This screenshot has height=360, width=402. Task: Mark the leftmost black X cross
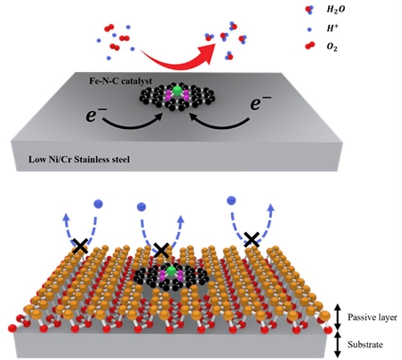pos(80,245)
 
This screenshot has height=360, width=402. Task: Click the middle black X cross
pos(161,250)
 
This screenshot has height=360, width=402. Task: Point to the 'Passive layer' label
pos(367,316)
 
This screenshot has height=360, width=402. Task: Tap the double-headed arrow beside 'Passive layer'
pos(338,316)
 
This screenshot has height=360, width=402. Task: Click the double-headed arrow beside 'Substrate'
pos(338,345)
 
